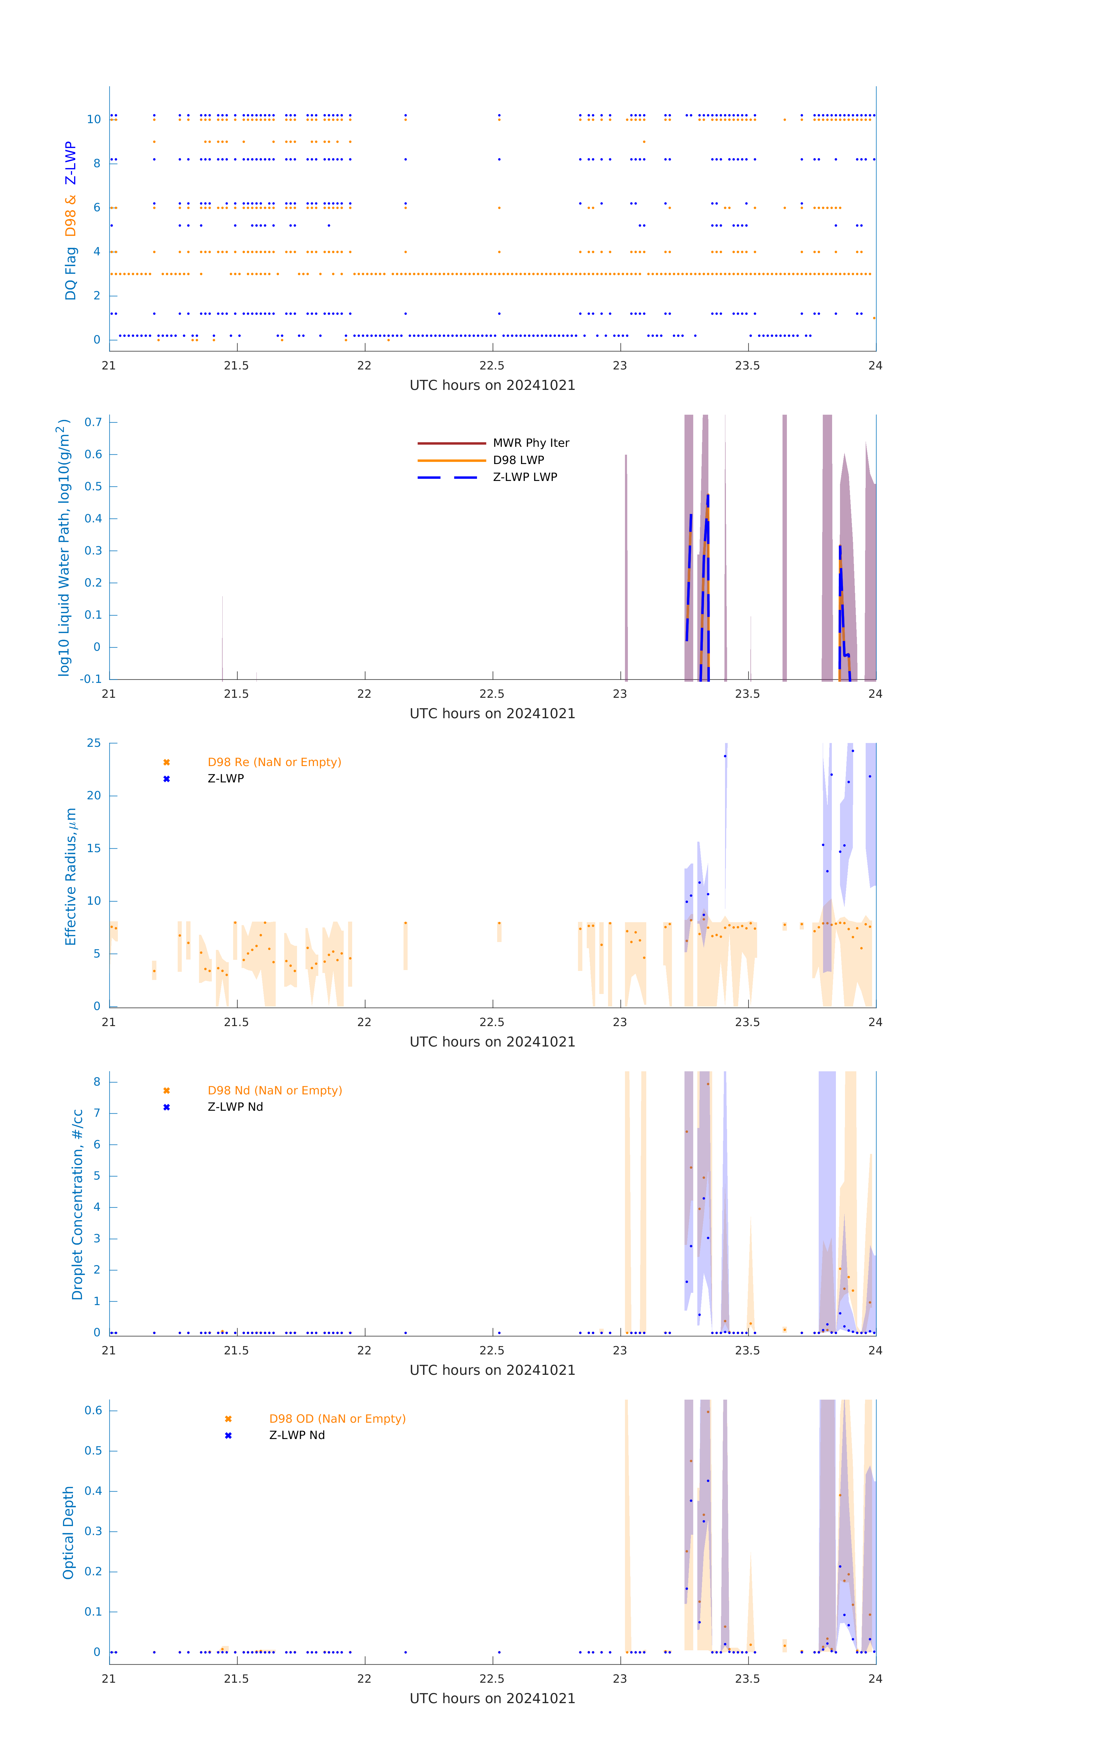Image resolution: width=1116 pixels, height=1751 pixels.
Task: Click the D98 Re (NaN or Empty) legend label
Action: [274, 762]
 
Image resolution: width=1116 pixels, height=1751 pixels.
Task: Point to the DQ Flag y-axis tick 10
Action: [94, 119]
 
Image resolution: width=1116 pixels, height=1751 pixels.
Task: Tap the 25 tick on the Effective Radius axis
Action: [94, 743]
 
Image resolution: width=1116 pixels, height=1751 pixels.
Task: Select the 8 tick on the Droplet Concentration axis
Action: [97, 1082]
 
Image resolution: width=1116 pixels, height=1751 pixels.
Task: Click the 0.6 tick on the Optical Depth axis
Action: [93, 1411]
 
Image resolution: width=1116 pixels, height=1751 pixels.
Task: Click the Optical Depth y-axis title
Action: [68, 1533]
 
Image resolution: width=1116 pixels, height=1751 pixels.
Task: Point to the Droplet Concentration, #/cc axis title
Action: [77, 1204]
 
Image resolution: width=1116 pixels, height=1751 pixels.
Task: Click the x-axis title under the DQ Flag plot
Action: [492, 386]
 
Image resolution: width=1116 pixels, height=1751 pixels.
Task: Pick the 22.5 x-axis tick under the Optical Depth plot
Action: [492, 1679]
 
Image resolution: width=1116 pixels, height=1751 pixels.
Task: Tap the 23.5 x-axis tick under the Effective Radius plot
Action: [748, 1022]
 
